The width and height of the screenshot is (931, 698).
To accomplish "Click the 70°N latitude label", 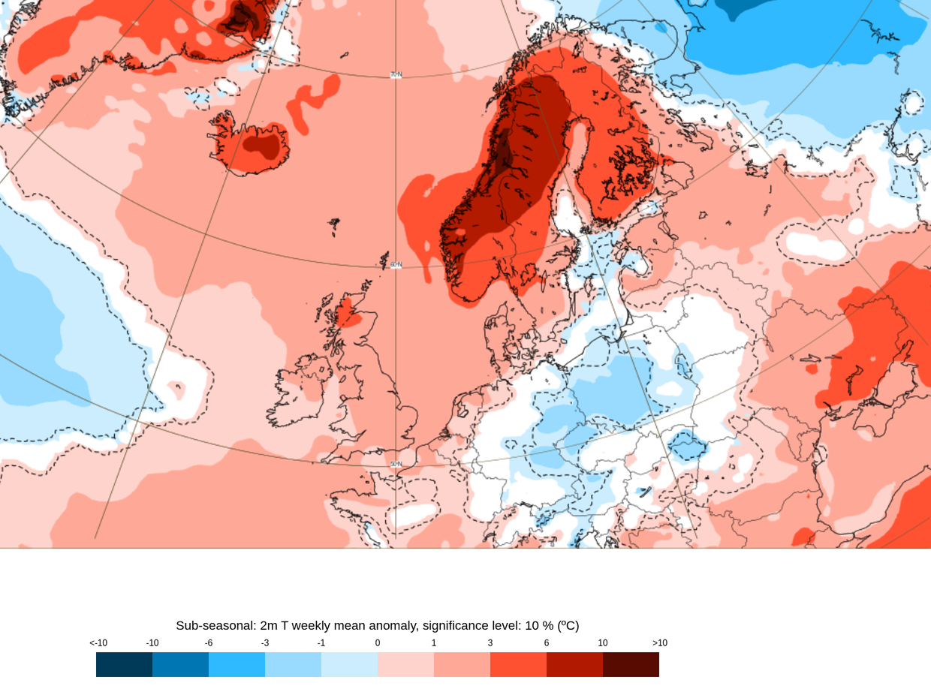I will click(396, 75).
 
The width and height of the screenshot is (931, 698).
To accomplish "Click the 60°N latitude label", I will click(396, 265).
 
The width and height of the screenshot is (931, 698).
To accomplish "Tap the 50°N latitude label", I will click(396, 464).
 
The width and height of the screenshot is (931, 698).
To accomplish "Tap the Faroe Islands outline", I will click(334, 224).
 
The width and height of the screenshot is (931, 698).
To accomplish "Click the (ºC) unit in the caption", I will click(568, 625).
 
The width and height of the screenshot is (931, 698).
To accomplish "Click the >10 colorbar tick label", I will click(659, 643).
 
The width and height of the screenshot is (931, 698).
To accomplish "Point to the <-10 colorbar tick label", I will click(98, 643).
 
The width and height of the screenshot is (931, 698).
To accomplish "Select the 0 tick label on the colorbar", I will click(378, 643).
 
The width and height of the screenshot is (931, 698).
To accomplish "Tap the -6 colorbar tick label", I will click(209, 643).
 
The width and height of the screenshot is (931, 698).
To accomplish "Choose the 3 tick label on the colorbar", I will click(490, 643).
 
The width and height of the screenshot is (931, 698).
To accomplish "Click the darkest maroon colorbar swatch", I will click(631, 664).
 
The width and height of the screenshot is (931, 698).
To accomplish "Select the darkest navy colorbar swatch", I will click(124, 664).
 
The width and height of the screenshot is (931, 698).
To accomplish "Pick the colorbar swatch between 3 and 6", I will click(518, 664).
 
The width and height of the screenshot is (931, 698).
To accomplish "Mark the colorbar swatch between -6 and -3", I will click(237, 664).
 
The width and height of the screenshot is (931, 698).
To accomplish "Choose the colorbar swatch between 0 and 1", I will click(405, 664).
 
